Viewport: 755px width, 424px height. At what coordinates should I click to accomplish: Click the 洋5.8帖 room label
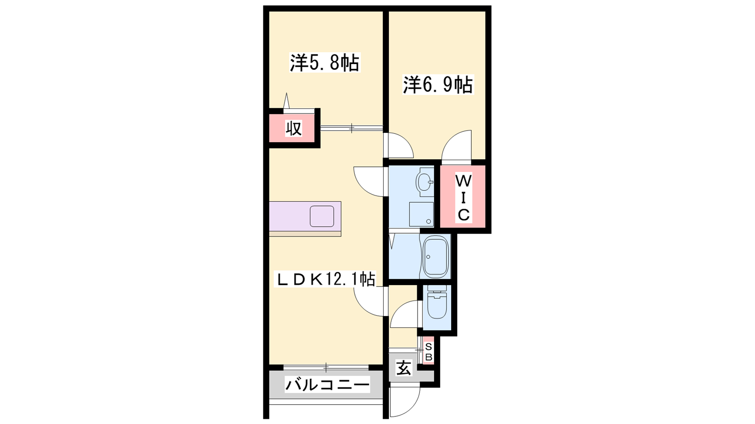click(x=325, y=62)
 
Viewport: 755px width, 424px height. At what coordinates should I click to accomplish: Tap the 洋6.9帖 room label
click(x=438, y=84)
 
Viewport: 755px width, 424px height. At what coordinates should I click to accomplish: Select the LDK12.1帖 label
click(x=325, y=279)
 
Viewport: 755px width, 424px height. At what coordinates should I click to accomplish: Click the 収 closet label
click(x=294, y=128)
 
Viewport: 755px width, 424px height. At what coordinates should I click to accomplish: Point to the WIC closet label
click(x=463, y=198)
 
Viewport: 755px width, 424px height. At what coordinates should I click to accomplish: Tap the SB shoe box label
click(x=429, y=352)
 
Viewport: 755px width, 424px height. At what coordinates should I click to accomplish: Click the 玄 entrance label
click(x=403, y=367)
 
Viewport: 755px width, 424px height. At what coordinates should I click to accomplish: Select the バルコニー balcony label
click(x=327, y=384)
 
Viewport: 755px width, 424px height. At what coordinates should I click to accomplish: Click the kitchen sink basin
click(x=322, y=216)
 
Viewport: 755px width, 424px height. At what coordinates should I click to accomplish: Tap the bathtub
click(x=436, y=256)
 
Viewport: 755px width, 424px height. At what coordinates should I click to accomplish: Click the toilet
click(x=437, y=302)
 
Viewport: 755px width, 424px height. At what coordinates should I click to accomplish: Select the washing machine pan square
click(x=421, y=214)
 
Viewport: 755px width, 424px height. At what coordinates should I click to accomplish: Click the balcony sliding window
click(x=326, y=367)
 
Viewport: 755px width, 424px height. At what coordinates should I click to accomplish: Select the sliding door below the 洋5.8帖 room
click(x=352, y=128)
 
